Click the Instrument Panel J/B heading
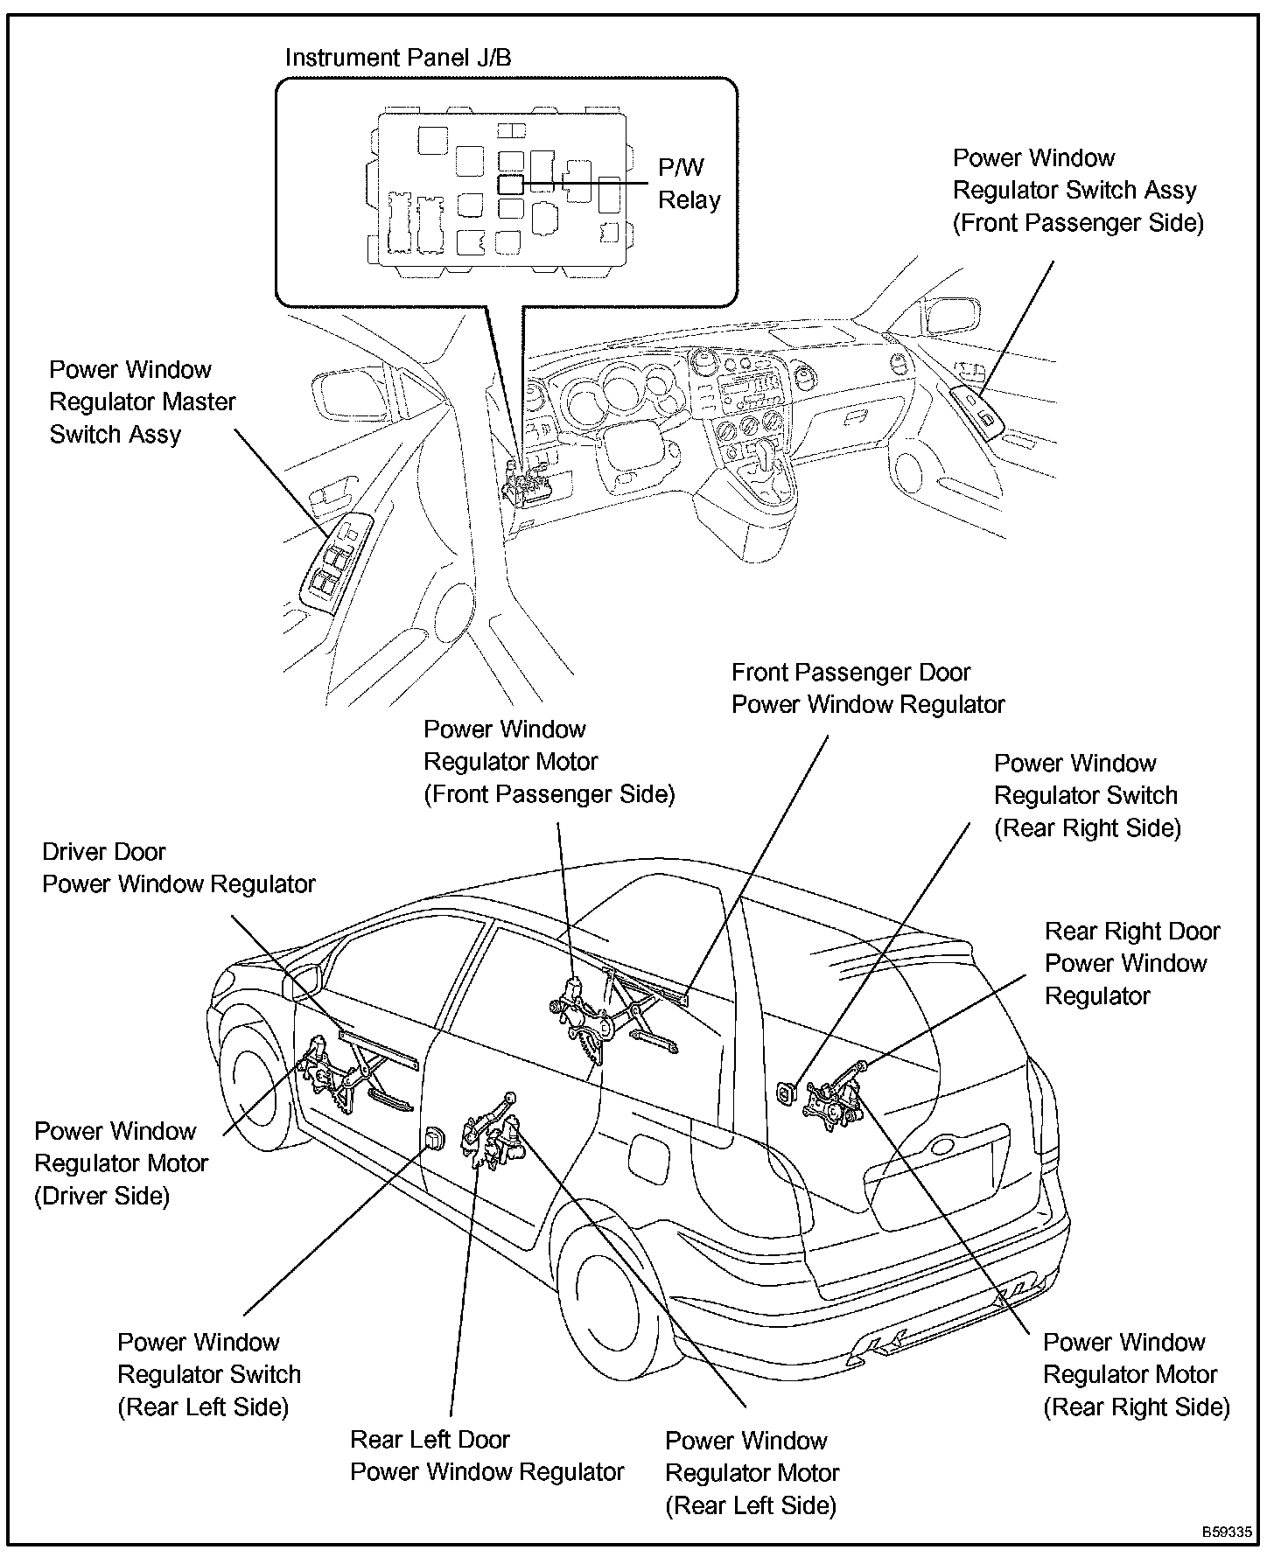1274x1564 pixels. click(x=398, y=58)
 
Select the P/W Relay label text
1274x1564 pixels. click(x=689, y=184)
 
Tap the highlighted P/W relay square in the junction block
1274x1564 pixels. click(x=510, y=184)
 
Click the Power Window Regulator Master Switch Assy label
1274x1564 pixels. click(x=142, y=402)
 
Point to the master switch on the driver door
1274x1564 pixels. click(x=336, y=558)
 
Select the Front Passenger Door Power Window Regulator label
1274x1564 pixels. click(x=867, y=688)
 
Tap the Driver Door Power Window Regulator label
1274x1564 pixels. click(x=178, y=868)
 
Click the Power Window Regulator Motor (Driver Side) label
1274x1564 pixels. click(x=121, y=1163)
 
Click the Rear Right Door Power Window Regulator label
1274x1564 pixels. click(x=1131, y=963)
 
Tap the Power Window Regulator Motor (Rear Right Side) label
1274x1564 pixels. click(x=1136, y=1374)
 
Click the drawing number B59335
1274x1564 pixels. click(x=1226, y=1533)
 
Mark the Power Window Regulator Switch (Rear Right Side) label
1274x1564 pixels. click(x=1087, y=796)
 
